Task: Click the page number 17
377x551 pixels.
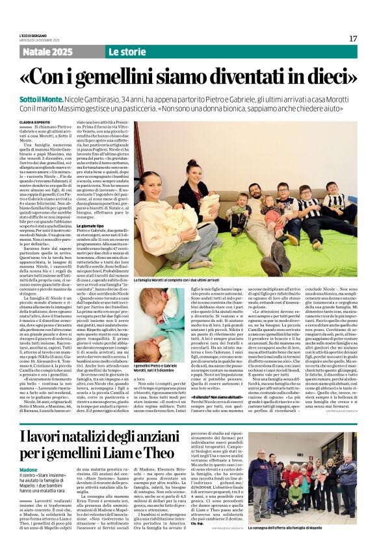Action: [353, 39]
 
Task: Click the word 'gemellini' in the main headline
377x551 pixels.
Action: [129, 77]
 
